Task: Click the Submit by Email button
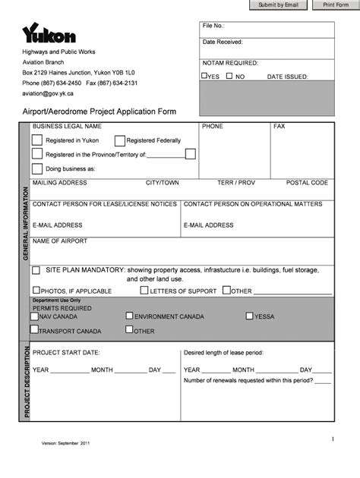[x=279, y=5]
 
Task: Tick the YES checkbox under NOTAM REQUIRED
[x=204, y=76]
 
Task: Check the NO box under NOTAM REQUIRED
[x=230, y=76]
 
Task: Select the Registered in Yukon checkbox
[x=36, y=140]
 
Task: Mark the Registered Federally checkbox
[x=119, y=140]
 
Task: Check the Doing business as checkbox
[x=36, y=168]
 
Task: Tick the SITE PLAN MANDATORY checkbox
[x=36, y=269]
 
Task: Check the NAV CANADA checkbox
[x=34, y=316]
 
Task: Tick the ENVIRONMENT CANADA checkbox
[x=129, y=316]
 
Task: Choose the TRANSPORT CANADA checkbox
[x=34, y=330]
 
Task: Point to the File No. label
[x=213, y=26]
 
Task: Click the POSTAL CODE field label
[x=307, y=183]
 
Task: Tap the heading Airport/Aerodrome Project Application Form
[x=99, y=112]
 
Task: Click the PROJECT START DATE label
[x=66, y=353]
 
